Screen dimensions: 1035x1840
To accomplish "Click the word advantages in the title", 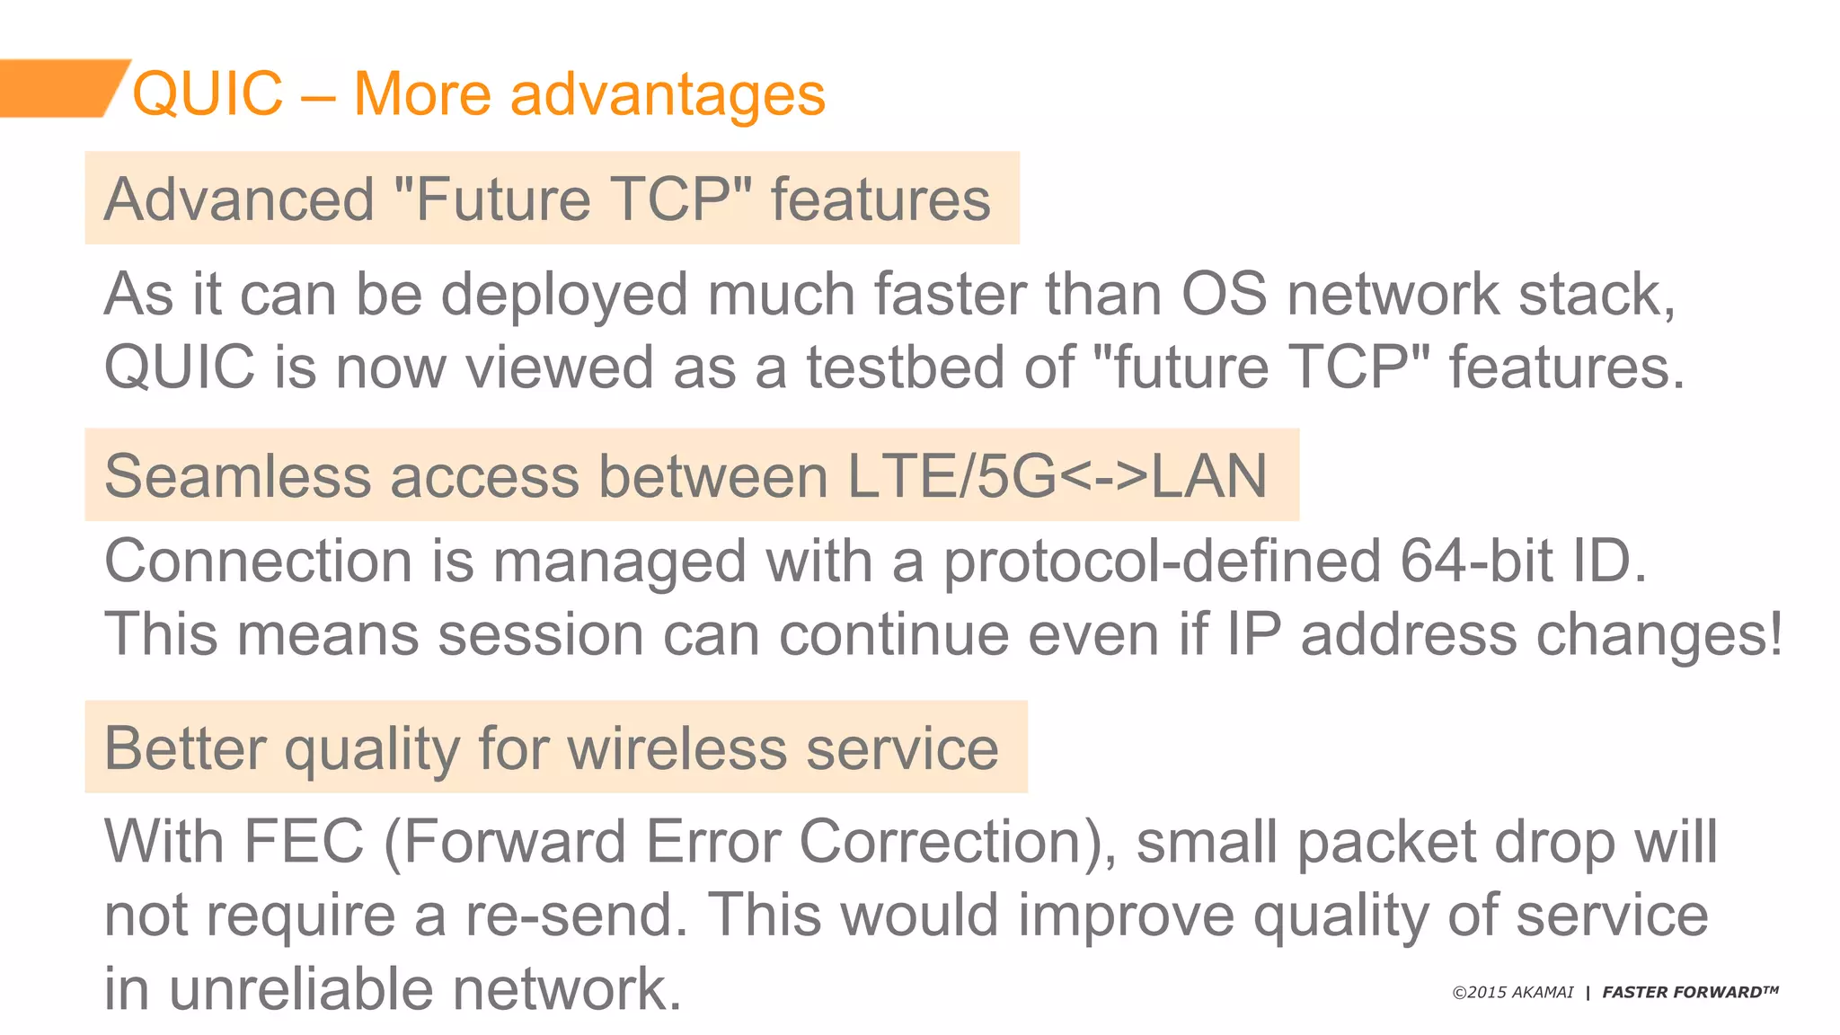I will (x=668, y=93).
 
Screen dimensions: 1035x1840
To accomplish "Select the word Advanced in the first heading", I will (x=239, y=199).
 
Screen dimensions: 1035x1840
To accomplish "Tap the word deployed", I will (x=564, y=295).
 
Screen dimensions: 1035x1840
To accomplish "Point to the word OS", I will (x=1224, y=294).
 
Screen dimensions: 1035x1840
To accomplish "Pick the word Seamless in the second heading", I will (x=237, y=476).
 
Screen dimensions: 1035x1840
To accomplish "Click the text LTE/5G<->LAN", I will (x=1057, y=476).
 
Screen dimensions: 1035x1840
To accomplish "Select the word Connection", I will (x=259, y=562).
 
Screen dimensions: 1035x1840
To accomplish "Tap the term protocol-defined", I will (x=1162, y=562).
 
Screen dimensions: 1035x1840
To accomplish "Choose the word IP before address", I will (x=1253, y=634).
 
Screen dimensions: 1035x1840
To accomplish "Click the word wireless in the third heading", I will (x=677, y=748).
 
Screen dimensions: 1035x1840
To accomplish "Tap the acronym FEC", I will (x=304, y=842).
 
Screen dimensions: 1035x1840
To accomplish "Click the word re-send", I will (x=575, y=916).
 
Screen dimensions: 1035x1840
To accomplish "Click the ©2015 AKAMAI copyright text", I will (x=1513, y=993).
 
